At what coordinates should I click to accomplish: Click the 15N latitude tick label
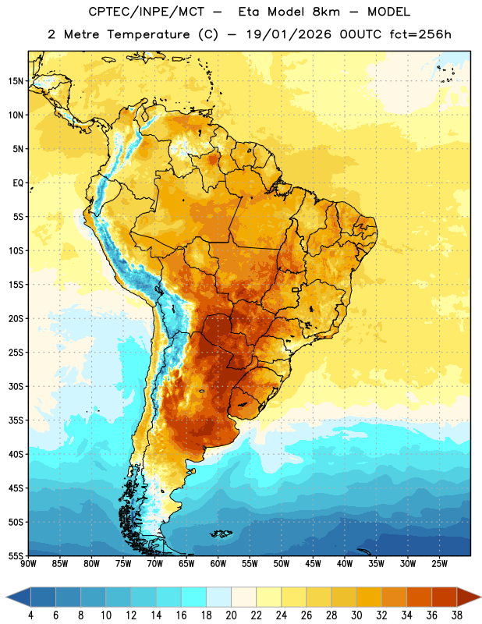[16, 81]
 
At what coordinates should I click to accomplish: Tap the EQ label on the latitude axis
[18, 183]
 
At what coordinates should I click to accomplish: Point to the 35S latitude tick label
[16, 420]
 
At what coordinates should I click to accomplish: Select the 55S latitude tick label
[16, 555]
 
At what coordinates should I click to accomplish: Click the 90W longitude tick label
[28, 564]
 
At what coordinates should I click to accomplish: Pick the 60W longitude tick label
[218, 564]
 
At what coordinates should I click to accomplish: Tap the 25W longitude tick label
[439, 564]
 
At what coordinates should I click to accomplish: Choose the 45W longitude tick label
[313, 564]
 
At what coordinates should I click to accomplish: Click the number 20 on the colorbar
[231, 615]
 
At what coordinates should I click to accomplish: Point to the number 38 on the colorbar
[457, 615]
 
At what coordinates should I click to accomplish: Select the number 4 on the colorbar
[30, 615]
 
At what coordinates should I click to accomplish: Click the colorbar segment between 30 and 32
[369, 597]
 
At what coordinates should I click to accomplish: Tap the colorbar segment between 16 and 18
[193, 597]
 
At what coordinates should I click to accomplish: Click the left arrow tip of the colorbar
[6, 597]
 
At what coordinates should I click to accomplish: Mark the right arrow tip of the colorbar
[481, 597]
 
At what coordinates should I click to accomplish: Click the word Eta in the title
[250, 12]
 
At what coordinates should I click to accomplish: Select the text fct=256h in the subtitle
[420, 34]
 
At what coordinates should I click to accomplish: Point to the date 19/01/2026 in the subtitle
[289, 34]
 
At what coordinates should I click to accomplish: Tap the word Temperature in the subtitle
[148, 35]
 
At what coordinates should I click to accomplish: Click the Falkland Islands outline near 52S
[221, 534]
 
